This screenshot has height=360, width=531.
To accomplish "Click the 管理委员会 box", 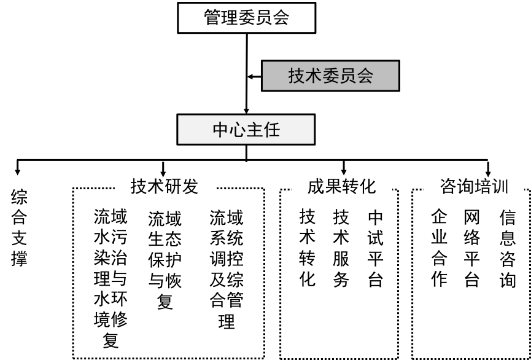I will pyautogui.click(x=246, y=18).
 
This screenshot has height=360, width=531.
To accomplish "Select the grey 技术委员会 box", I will pyautogui.click(x=330, y=76).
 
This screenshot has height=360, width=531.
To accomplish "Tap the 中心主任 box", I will pyautogui.click(x=246, y=130).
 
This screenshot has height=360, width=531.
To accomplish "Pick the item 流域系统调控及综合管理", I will pyautogui.click(x=227, y=269).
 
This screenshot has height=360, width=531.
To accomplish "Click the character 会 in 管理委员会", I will pyautogui.click(x=281, y=18).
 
